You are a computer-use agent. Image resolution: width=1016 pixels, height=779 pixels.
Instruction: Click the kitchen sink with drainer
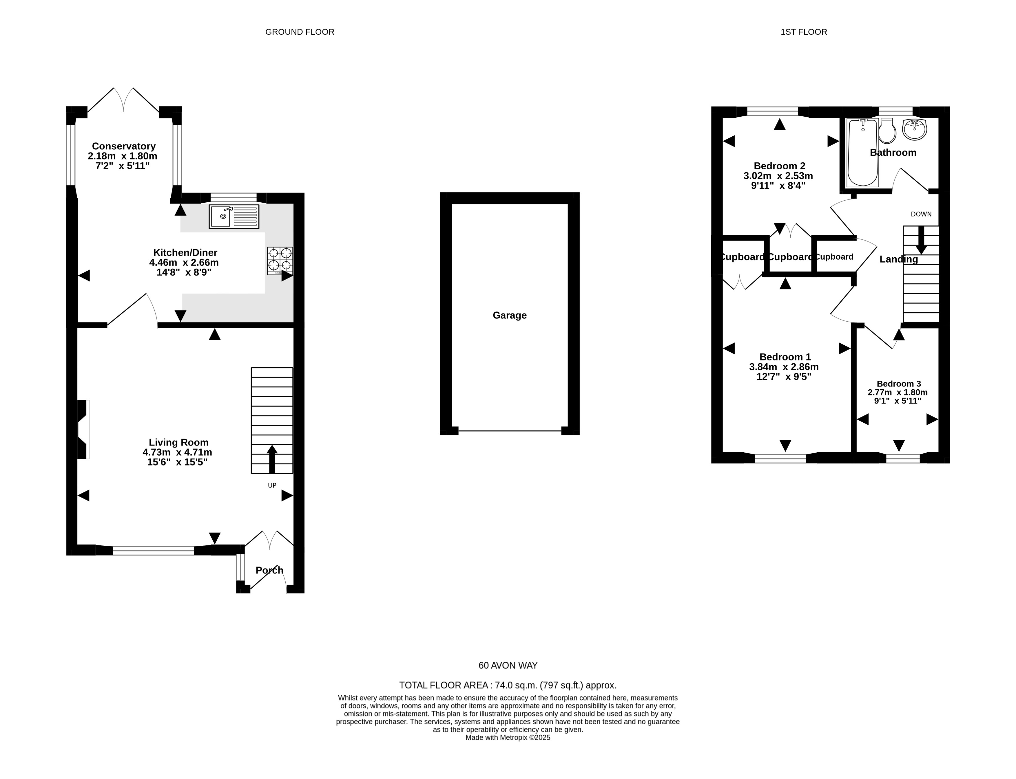coord(234,217)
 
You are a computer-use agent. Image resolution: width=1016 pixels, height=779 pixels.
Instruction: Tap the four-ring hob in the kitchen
coord(280,261)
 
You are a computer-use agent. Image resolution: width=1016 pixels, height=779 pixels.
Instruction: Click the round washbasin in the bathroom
coord(914,129)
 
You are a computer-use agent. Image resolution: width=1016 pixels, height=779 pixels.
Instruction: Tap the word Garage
coord(509,315)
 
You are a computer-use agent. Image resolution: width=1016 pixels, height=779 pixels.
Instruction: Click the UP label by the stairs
coord(272,485)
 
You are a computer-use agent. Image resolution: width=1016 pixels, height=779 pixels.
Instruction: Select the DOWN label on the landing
coord(921,214)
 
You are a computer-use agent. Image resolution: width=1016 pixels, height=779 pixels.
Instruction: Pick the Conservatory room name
coord(123,146)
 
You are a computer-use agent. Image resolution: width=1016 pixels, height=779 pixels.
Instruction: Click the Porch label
coord(269,570)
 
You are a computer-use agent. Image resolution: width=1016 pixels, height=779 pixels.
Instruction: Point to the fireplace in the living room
coord(83,429)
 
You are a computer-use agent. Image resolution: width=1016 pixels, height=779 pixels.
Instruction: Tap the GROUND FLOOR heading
coord(300,32)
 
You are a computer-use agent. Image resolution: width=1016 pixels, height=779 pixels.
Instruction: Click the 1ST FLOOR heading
coord(804,32)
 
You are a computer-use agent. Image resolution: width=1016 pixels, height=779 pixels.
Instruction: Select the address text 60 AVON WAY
coord(508,666)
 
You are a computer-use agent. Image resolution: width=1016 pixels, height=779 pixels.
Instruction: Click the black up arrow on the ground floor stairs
coord(272,459)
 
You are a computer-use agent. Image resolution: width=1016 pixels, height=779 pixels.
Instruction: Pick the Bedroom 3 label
coord(899,384)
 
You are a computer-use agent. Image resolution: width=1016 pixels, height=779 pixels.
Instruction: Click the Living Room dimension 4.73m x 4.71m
coord(177,452)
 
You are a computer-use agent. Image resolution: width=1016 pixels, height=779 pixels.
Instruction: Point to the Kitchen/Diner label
coord(185,253)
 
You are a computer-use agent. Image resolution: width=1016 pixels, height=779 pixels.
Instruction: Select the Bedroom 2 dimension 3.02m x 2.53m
coord(778,176)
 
